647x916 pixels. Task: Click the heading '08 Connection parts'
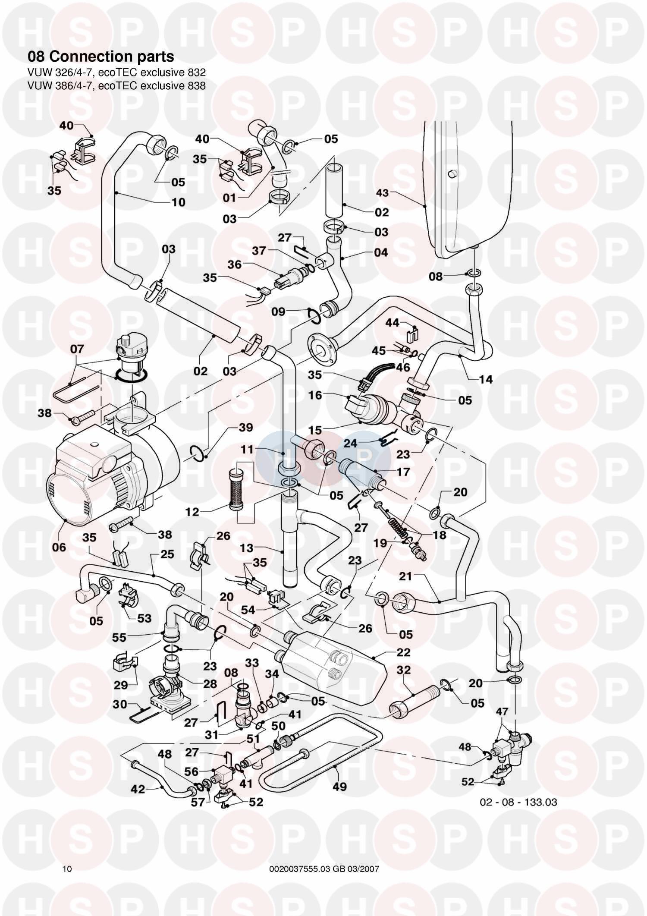pos(101,57)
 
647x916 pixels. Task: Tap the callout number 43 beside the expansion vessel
pos(383,193)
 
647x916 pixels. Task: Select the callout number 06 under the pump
pos(59,547)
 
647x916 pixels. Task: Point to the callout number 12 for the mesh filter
pos(192,512)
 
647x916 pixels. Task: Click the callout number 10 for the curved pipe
pos(178,202)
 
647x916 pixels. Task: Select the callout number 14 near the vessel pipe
pos(486,379)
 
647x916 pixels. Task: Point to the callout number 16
pos(315,395)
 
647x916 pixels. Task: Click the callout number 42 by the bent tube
pos(138,789)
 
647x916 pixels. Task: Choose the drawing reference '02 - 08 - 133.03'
pos(518,802)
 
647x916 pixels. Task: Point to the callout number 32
pos(403,670)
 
